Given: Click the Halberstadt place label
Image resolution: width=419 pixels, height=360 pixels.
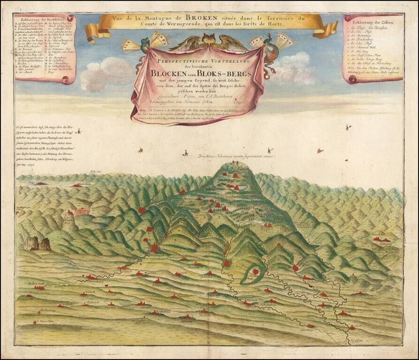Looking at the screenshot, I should tap(37, 284).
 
